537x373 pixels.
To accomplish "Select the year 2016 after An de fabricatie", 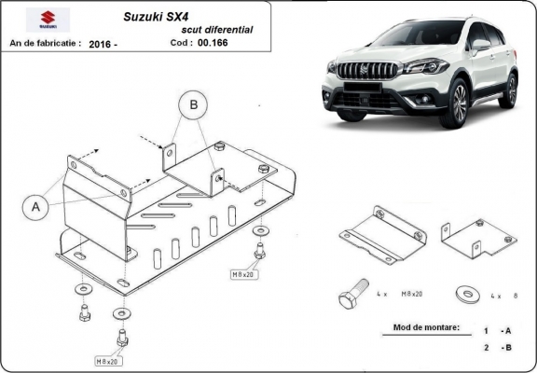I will (x=103, y=43).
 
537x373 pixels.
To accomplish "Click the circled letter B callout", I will (x=193, y=106).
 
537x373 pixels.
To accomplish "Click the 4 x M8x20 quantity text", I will (x=395, y=295).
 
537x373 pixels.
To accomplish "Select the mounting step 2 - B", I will (x=497, y=348).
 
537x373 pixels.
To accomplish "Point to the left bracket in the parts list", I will (x=380, y=234).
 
